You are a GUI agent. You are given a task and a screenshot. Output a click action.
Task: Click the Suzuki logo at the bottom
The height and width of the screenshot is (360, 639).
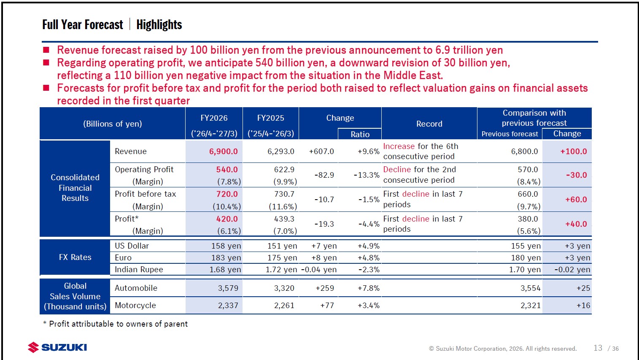[57, 347]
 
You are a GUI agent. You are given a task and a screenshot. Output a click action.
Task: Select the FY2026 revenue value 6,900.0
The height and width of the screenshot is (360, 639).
[224, 152]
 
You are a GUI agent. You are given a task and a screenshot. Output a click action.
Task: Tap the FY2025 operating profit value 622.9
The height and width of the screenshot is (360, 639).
[284, 170]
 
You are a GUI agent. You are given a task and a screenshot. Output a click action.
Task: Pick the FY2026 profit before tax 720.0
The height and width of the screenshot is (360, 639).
[227, 194]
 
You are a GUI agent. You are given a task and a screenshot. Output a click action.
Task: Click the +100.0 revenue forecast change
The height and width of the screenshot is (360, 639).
[574, 152]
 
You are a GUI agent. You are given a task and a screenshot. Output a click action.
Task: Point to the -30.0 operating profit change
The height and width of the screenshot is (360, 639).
[577, 175]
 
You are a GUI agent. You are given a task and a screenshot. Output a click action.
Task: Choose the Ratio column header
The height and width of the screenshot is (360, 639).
[360, 134]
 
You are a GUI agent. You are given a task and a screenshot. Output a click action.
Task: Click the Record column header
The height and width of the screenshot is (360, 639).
[429, 124]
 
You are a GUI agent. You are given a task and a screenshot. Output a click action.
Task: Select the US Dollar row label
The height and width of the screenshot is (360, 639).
[132, 246]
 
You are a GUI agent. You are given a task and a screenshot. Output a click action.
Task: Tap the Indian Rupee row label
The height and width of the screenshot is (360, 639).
[139, 270]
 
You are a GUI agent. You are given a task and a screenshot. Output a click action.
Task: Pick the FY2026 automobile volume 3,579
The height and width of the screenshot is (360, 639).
[228, 288]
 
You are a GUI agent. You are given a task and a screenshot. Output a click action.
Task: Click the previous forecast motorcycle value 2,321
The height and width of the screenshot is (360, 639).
[531, 306]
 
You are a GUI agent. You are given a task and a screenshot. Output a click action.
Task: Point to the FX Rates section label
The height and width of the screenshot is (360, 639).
[75, 257]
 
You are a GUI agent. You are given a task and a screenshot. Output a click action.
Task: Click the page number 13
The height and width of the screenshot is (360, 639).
[598, 348]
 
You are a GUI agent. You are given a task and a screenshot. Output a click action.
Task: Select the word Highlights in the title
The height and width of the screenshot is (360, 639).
[159, 24]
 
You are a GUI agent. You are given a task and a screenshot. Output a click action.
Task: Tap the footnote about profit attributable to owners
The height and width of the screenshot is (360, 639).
[115, 324]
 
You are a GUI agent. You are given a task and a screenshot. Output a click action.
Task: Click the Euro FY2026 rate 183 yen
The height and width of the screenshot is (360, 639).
[226, 258]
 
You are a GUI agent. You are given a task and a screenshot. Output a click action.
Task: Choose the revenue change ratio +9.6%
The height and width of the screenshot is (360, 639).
[369, 152]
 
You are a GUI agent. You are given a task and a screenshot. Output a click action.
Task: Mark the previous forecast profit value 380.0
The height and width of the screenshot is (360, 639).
[528, 219]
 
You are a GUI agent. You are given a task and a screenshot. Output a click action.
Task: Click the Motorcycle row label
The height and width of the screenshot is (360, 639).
[135, 306]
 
